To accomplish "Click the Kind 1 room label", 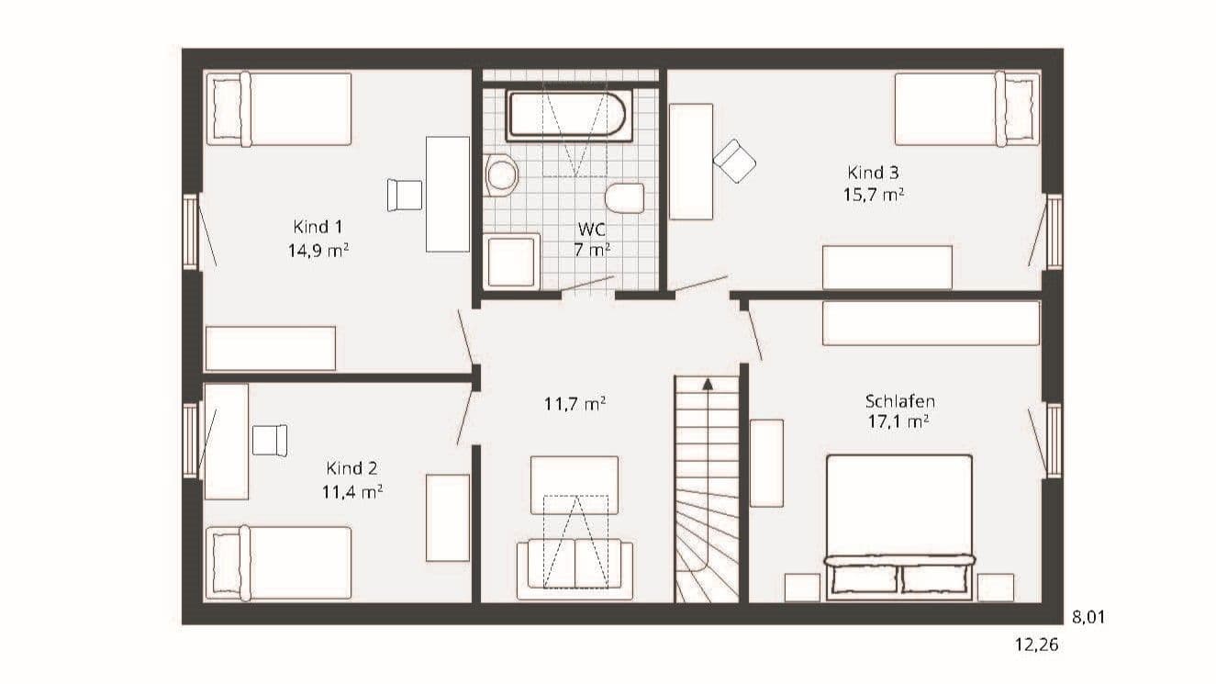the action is click(318, 227).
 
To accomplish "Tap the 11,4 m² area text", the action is click(352, 492).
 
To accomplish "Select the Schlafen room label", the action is click(899, 401).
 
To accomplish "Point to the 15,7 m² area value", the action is click(873, 195).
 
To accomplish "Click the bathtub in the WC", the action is click(569, 116).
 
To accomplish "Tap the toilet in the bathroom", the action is click(624, 197).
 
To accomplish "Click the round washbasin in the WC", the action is click(500, 175).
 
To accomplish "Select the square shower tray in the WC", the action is click(511, 262).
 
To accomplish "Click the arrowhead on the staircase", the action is click(708, 385).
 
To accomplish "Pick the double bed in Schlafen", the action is click(899, 527).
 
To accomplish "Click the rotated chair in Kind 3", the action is click(734, 161).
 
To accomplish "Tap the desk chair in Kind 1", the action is click(405, 195).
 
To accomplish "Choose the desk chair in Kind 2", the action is click(270, 440).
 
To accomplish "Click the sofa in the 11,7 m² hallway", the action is click(575, 569).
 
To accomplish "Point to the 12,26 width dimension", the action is click(1037, 645).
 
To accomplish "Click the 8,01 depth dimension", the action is click(1088, 617).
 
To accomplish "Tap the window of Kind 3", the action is click(1054, 232).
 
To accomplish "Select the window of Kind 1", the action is click(191, 232).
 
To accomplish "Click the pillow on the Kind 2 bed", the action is click(227, 564).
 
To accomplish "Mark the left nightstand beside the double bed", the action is click(802, 588).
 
